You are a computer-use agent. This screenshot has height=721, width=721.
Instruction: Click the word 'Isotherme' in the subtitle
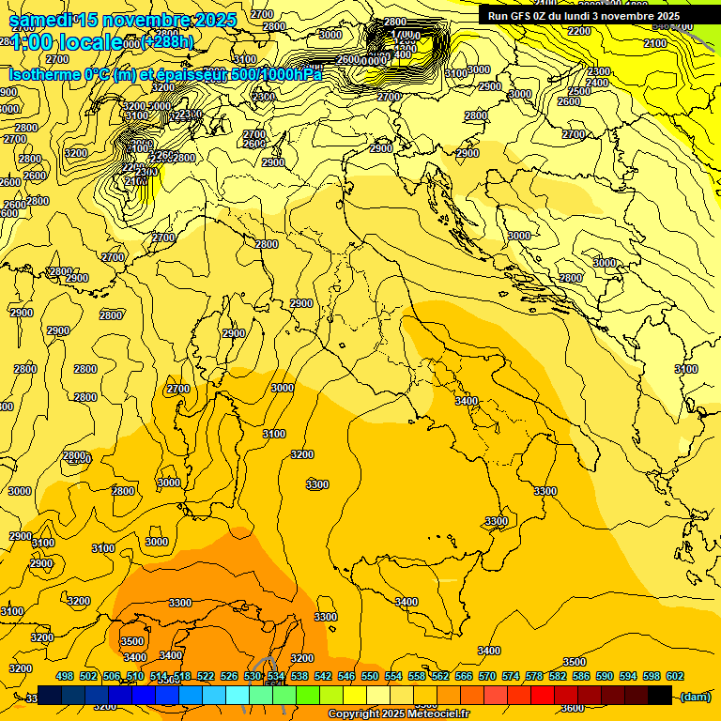pos(46,74)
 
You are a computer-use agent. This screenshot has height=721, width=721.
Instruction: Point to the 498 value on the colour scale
pos(65,676)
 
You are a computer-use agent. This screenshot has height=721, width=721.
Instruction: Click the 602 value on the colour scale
pos(675,676)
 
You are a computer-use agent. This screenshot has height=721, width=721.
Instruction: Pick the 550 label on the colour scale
pos(370,676)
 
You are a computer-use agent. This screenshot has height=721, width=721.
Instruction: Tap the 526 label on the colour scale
pos(229,676)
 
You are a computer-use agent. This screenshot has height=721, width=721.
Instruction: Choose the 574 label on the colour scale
pos(511,676)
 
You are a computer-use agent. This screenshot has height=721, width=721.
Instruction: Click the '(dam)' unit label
pos(695,696)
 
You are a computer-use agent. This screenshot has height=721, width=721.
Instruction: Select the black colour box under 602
pos(660,695)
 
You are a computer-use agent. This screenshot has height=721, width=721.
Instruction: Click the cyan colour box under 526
pos(238,695)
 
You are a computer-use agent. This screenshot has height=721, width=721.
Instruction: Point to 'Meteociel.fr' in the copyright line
pos(437,714)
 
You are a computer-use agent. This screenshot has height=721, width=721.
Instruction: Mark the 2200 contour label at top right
pos(579,31)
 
